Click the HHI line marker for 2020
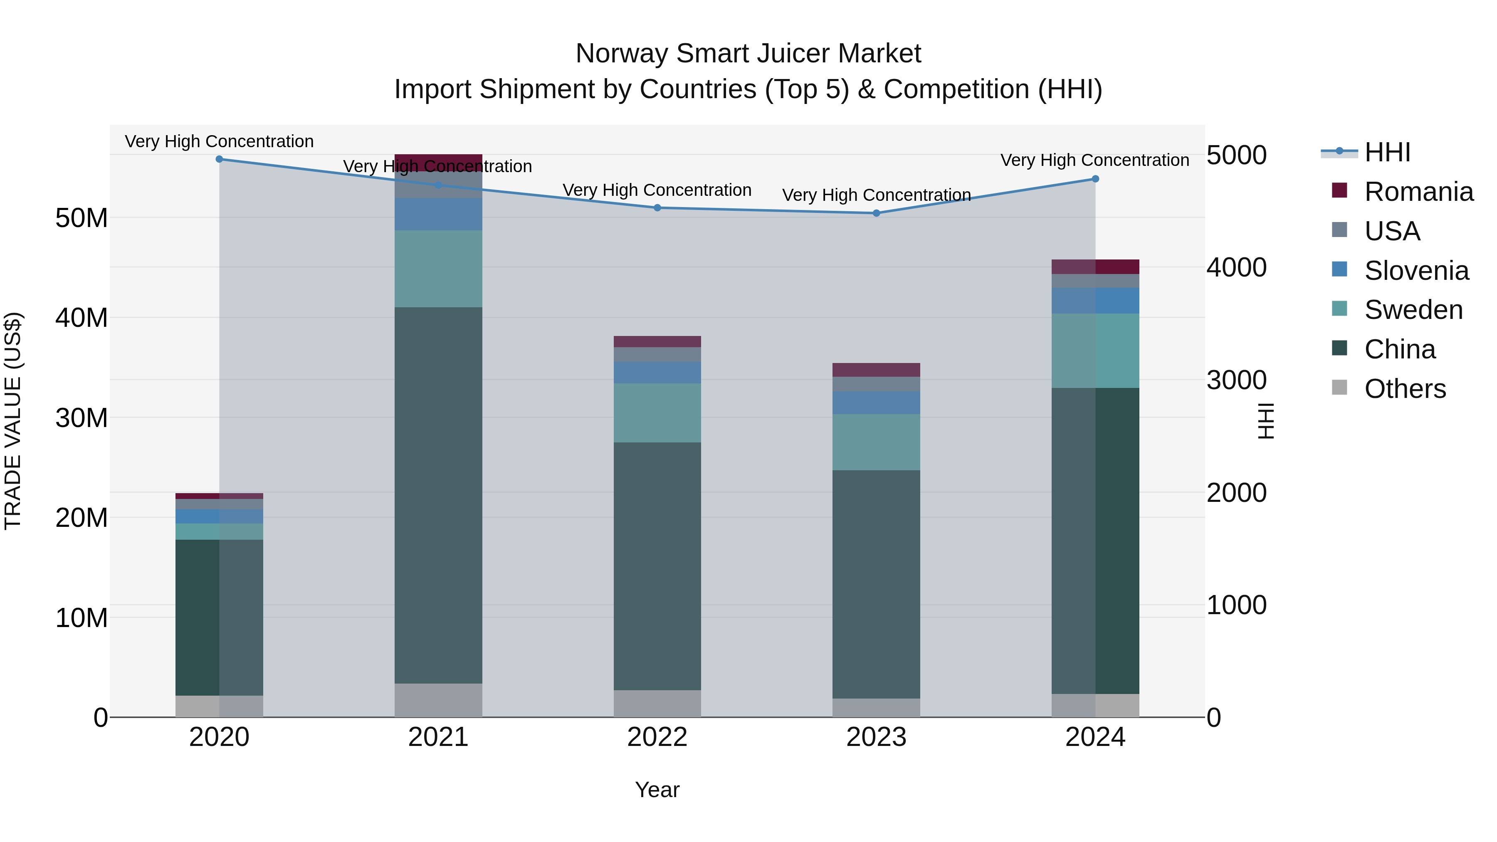pyautogui.click(x=219, y=159)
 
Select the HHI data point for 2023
pyautogui.click(x=876, y=213)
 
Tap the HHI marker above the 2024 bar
pyautogui.click(x=1095, y=179)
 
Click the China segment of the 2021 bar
pyautogui.click(x=438, y=494)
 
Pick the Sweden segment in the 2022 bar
pyautogui.click(x=657, y=412)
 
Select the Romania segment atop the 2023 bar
pyautogui.click(x=876, y=370)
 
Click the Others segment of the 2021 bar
pyautogui.click(x=438, y=700)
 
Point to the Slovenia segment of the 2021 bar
pyautogui.click(x=438, y=214)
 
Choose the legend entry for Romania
pyautogui.click(x=1418, y=191)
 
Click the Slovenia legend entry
pyautogui.click(x=1416, y=270)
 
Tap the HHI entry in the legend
pyautogui.click(x=1387, y=152)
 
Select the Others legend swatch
pyautogui.click(x=1339, y=387)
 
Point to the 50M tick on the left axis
pyautogui.click(x=82, y=218)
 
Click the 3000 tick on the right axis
pyautogui.click(x=1236, y=380)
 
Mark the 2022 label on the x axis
pyautogui.click(x=657, y=737)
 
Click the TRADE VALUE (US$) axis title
pyautogui.click(x=13, y=421)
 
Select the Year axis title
pyautogui.click(x=657, y=790)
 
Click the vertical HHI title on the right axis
pyautogui.click(x=1265, y=421)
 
